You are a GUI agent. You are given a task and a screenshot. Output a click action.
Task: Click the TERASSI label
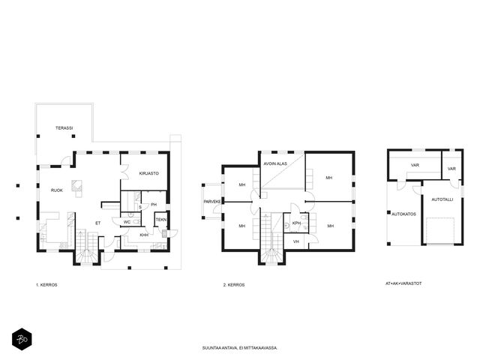tap(64, 128)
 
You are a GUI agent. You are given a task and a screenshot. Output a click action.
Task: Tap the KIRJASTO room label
tap(149, 173)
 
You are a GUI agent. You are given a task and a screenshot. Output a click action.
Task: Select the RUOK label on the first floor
tap(57, 190)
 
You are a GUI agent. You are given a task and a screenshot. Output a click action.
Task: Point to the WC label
tap(127, 222)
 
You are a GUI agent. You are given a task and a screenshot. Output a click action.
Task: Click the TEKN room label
tap(161, 220)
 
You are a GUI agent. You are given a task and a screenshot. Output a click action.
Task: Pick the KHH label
tap(144, 235)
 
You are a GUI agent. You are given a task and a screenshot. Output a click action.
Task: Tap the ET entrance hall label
tap(98, 223)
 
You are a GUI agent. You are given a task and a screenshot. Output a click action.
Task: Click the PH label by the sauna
tap(154, 205)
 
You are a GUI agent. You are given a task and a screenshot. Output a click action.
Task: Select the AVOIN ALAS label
tap(275, 163)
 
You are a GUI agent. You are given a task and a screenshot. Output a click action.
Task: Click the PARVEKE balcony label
tap(212, 202)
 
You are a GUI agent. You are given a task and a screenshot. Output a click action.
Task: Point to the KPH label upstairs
tap(296, 223)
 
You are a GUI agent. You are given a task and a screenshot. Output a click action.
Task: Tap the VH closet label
tap(296, 241)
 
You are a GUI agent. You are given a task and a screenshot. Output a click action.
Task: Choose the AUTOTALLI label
tap(442, 199)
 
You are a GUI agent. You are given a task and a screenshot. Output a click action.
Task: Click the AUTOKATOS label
tap(403, 214)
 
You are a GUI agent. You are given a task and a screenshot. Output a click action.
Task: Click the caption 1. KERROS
tap(46, 285)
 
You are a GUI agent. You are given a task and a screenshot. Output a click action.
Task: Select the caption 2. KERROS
tap(234, 285)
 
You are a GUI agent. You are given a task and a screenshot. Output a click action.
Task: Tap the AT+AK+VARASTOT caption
tap(403, 283)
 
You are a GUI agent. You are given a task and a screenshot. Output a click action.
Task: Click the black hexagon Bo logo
tap(22, 339)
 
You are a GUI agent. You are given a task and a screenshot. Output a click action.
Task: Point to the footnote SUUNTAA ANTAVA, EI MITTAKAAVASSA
tap(240, 348)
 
